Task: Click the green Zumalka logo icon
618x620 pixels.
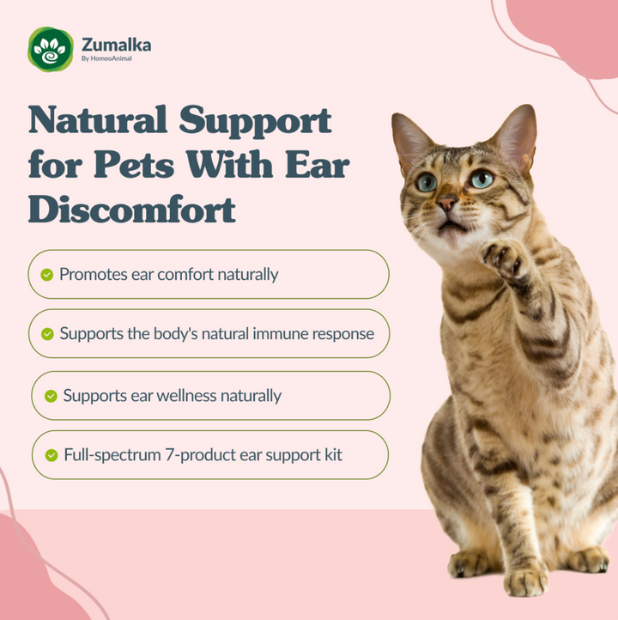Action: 51,49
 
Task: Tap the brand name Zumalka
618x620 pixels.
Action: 116,45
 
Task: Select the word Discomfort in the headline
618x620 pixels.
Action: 132,209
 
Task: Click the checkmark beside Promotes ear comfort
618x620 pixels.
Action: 47,275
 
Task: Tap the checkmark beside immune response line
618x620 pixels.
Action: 47,333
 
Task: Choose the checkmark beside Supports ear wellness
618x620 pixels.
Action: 51,396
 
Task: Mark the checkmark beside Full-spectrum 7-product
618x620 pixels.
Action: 51,454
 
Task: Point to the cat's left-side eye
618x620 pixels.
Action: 427,181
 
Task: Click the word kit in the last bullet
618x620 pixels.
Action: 331,454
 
